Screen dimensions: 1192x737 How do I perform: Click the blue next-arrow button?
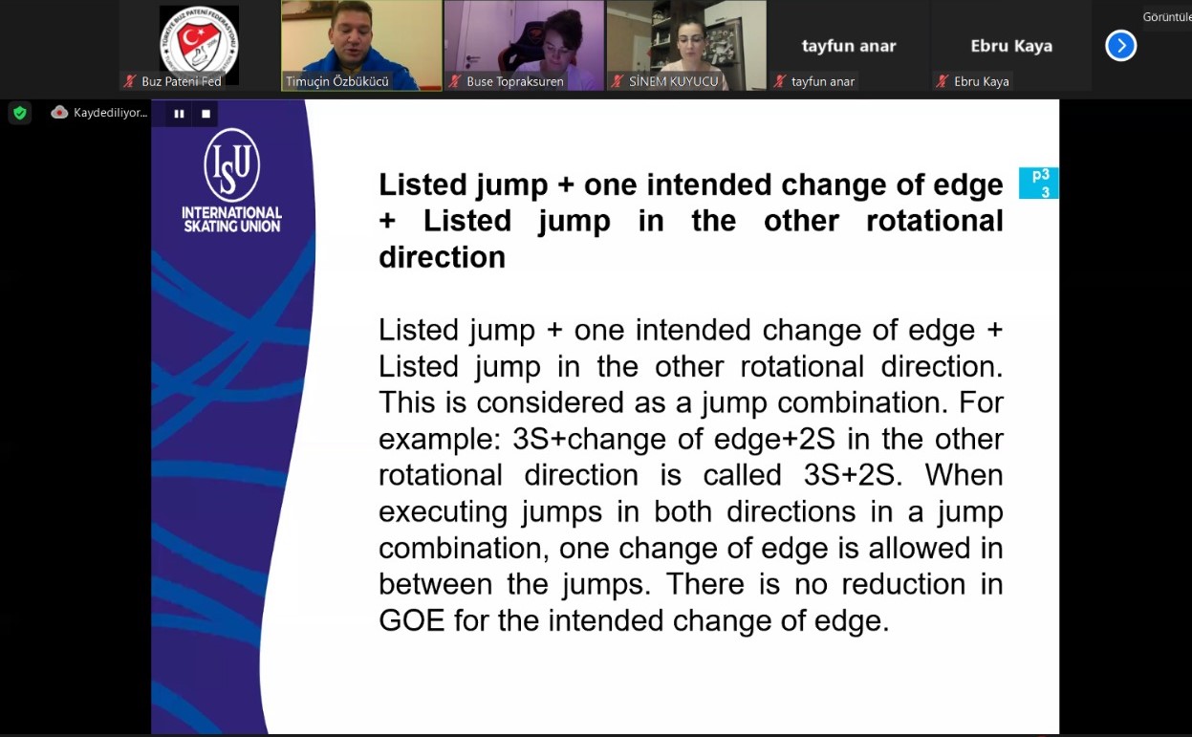1120,46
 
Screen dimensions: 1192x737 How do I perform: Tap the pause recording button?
179,114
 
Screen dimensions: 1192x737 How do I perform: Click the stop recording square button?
206,114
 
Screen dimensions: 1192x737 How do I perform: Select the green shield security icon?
20,113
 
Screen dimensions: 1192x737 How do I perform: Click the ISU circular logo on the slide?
232,165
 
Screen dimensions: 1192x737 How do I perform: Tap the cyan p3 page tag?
1039,183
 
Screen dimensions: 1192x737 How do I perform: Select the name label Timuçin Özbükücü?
337,81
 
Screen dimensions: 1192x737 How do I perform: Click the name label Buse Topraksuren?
514,81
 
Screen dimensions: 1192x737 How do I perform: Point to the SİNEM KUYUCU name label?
673,81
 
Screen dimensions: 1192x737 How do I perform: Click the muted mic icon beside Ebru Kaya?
942,81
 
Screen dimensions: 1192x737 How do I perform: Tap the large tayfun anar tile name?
849,46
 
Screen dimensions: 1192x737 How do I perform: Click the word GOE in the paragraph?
411,620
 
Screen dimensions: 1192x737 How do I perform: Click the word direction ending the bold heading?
442,257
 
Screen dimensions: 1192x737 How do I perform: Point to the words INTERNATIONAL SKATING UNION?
232,219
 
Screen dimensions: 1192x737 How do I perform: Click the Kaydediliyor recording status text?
110,113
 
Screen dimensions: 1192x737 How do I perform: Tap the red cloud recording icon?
59,112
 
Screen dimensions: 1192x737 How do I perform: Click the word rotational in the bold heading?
935,221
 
